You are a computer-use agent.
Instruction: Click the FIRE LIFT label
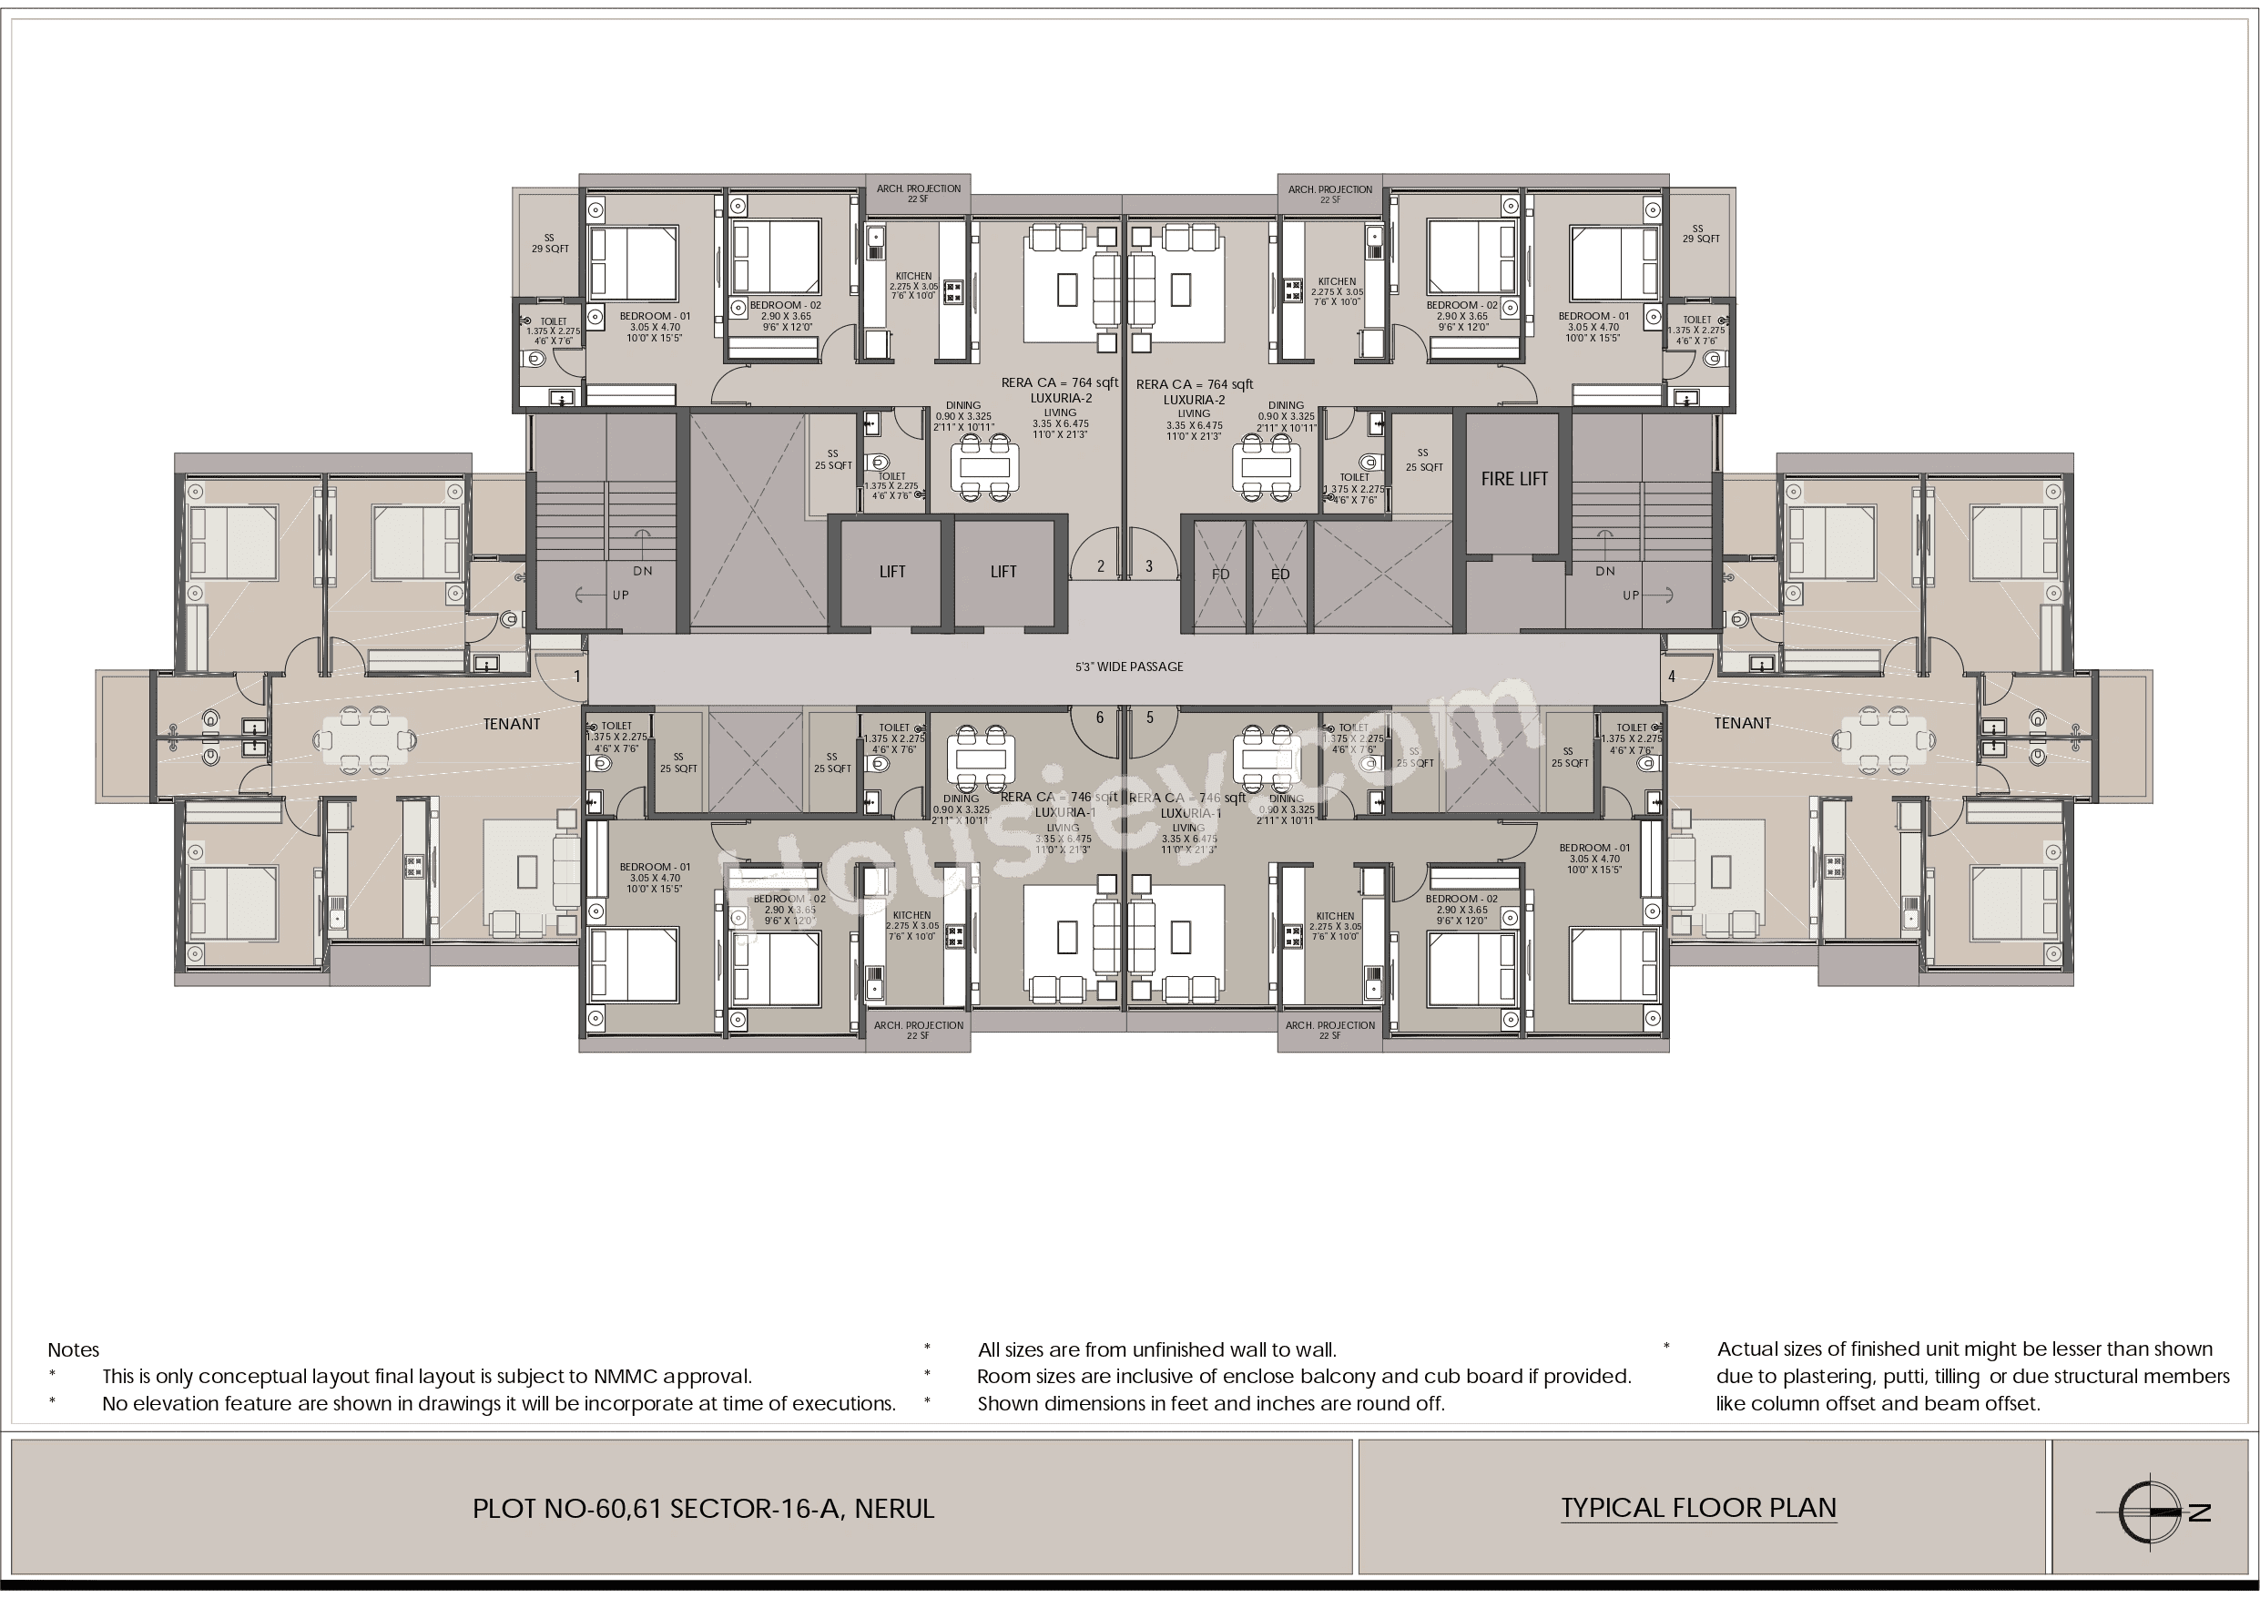(x=1514, y=480)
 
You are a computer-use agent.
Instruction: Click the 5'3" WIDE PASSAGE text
(x=1129, y=667)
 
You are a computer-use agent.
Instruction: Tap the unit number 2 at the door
(x=1101, y=566)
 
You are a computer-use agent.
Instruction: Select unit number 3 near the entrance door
(x=1149, y=566)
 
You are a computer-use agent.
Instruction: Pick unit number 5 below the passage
(x=1150, y=718)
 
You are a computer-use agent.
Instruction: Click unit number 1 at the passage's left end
(x=576, y=677)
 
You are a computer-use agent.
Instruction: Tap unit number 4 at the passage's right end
(x=1672, y=677)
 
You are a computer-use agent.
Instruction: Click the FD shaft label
(x=1220, y=574)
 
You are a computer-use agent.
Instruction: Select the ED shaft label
(x=1279, y=574)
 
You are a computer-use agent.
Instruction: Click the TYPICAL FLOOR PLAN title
(x=1698, y=1508)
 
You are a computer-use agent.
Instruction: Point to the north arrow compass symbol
(x=2153, y=1511)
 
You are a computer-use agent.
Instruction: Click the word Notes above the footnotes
(x=73, y=1350)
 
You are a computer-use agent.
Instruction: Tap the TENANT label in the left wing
(x=511, y=724)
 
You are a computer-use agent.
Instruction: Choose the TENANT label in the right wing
(x=1741, y=723)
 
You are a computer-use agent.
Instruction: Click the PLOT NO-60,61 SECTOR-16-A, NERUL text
(x=703, y=1509)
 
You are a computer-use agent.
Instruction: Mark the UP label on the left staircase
(x=620, y=595)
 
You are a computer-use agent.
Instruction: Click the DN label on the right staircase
(x=1604, y=571)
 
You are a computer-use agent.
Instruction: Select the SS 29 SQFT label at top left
(x=549, y=243)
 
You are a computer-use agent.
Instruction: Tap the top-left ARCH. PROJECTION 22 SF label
(x=919, y=193)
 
